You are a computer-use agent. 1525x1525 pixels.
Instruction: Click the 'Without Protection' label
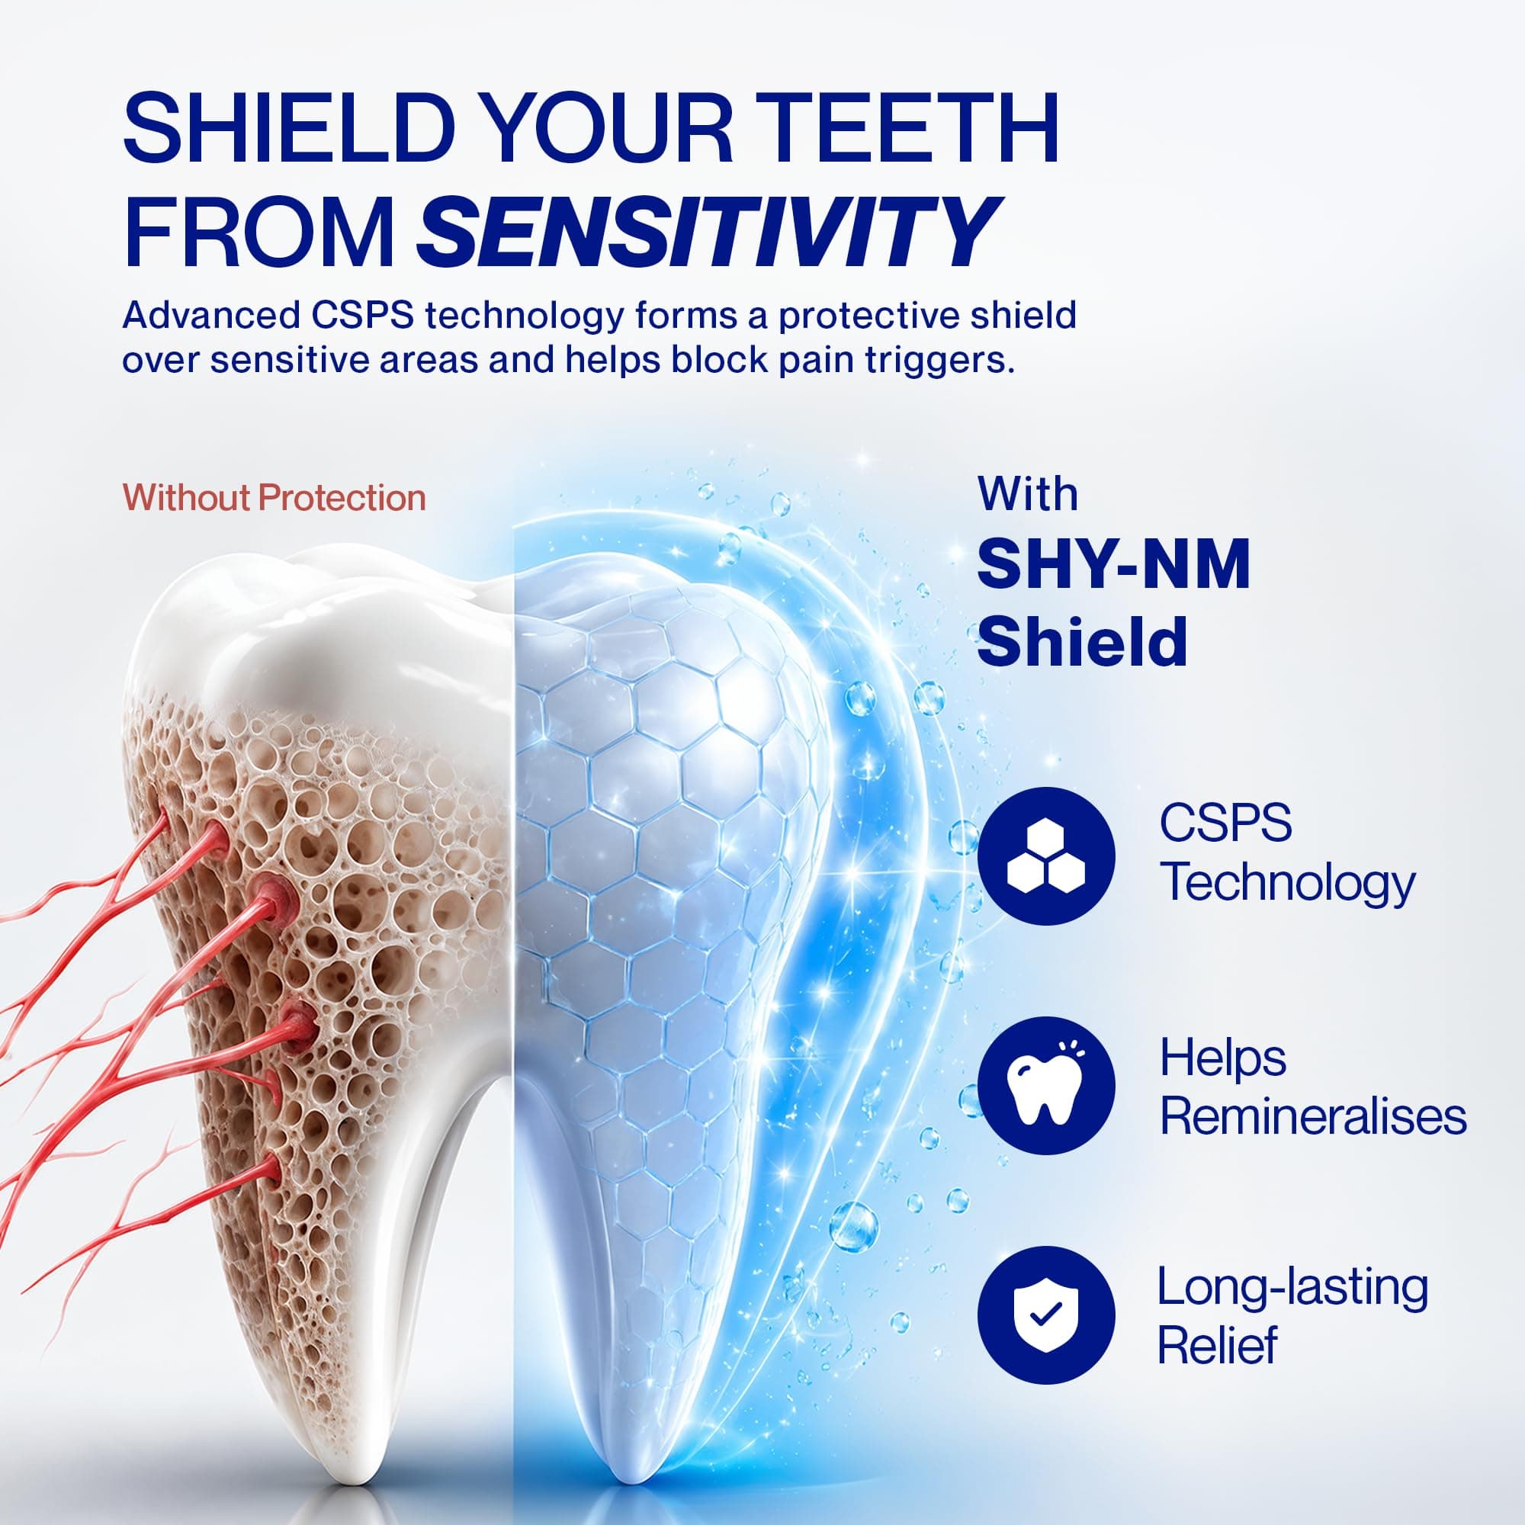click(274, 498)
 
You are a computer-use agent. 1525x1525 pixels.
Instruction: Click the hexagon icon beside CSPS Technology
click(1046, 856)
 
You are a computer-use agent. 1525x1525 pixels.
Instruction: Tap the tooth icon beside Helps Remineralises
click(1046, 1084)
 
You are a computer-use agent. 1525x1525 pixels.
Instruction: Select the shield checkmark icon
click(1046, 1315)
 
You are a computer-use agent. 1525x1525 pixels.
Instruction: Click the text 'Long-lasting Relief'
click(1292, 1315)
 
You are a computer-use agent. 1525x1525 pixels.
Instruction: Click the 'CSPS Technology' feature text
click(1287, 854)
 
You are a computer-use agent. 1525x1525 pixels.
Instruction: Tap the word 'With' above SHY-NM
click(1028, 494)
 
